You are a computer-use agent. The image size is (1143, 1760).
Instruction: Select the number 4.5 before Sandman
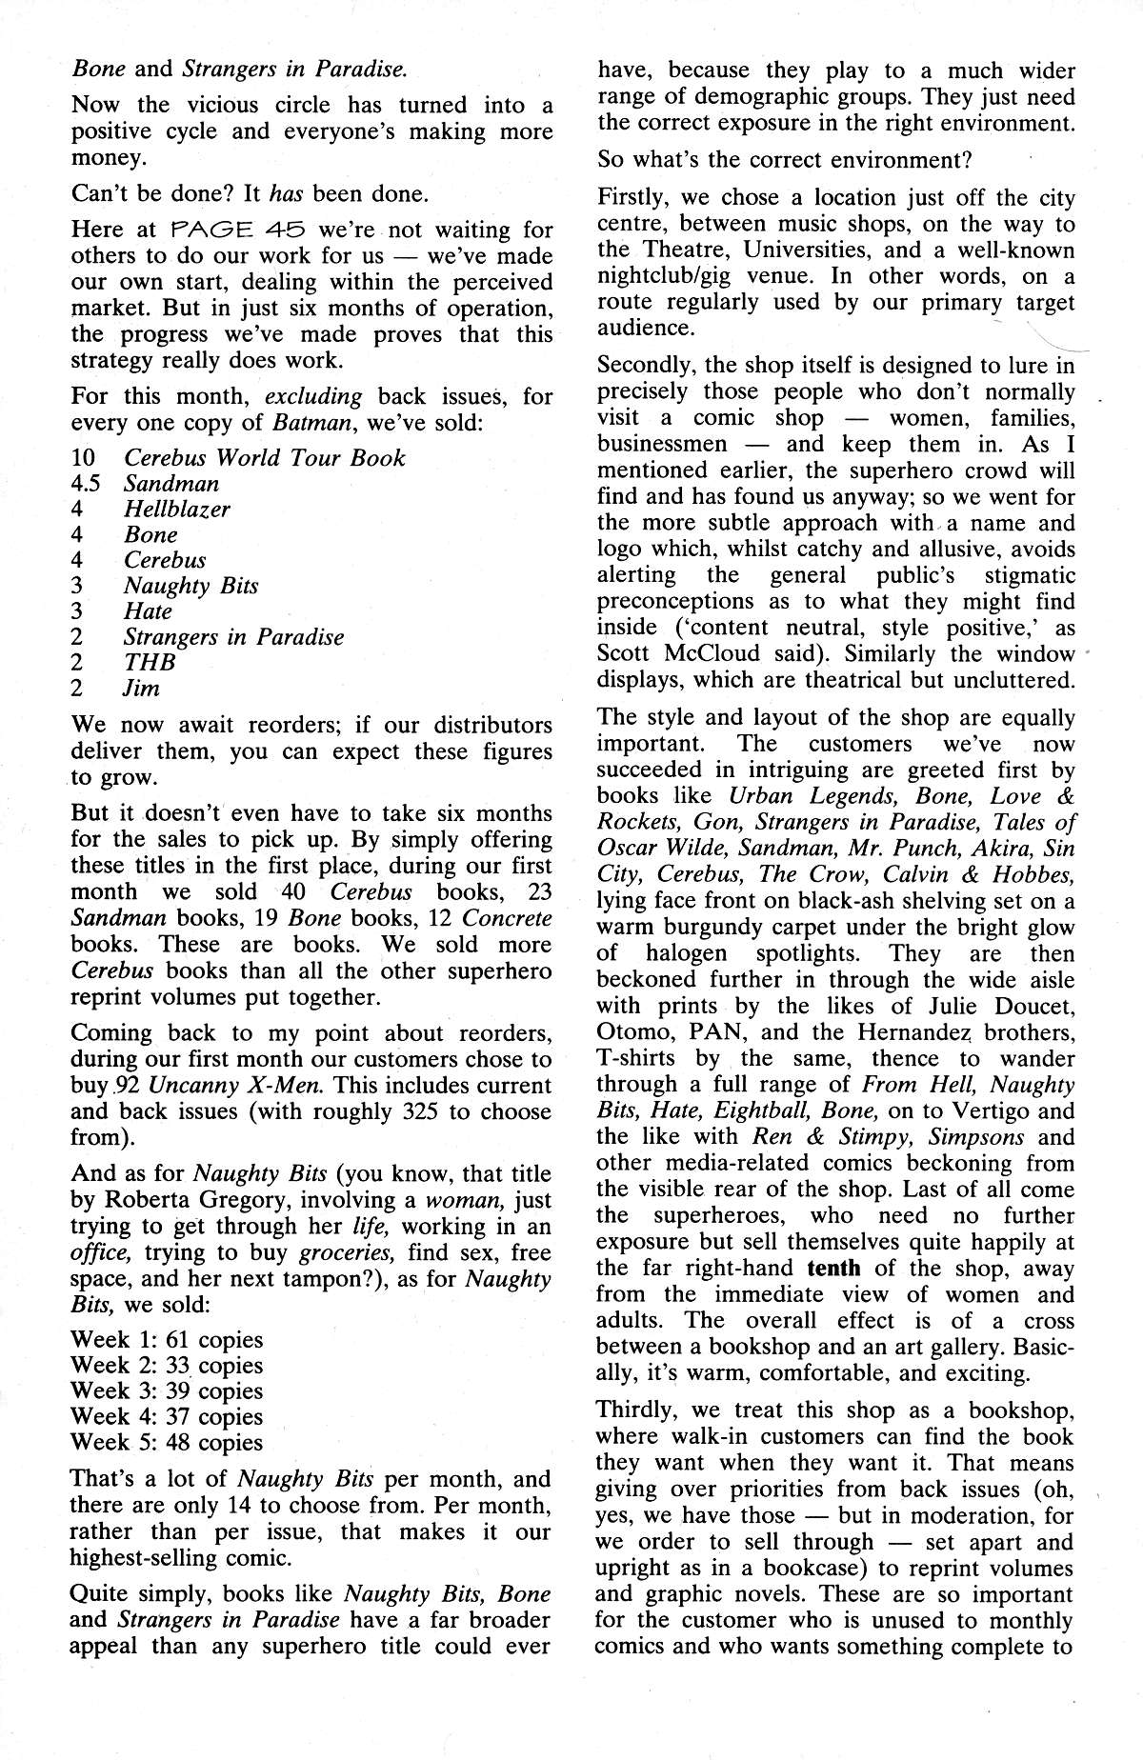point(86,484)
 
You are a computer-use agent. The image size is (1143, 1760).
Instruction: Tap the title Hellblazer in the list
point(177,510)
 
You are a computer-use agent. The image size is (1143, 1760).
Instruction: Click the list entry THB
point(150,663)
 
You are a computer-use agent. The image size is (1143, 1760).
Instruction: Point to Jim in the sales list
point(141,689)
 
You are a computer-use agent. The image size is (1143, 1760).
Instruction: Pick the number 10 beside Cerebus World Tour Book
point(83,458)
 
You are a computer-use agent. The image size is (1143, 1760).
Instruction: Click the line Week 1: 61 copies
point(167,1340)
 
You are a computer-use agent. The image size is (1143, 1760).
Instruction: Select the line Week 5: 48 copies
point(167,1443)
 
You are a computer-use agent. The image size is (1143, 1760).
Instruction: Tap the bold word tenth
point(833,1269)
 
